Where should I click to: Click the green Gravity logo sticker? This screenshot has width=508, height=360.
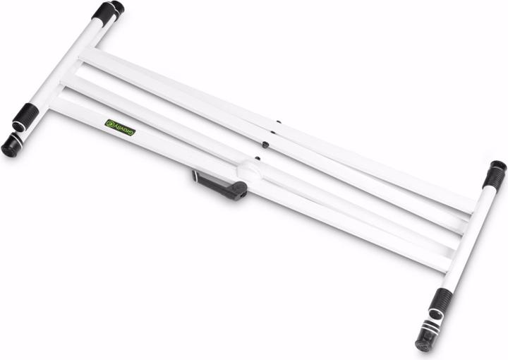(x=121, y=127)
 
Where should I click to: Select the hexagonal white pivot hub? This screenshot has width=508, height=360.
(x=250, y=169)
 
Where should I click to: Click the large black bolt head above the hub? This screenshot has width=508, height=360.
(x=266, y=145)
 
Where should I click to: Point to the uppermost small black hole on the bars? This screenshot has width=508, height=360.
(x=278, y=122)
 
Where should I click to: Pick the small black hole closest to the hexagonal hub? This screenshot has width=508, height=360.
(x=258, y=158)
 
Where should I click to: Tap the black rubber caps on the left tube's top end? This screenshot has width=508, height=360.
(x=108, y=10)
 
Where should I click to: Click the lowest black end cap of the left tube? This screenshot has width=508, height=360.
(x=11, y=146)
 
